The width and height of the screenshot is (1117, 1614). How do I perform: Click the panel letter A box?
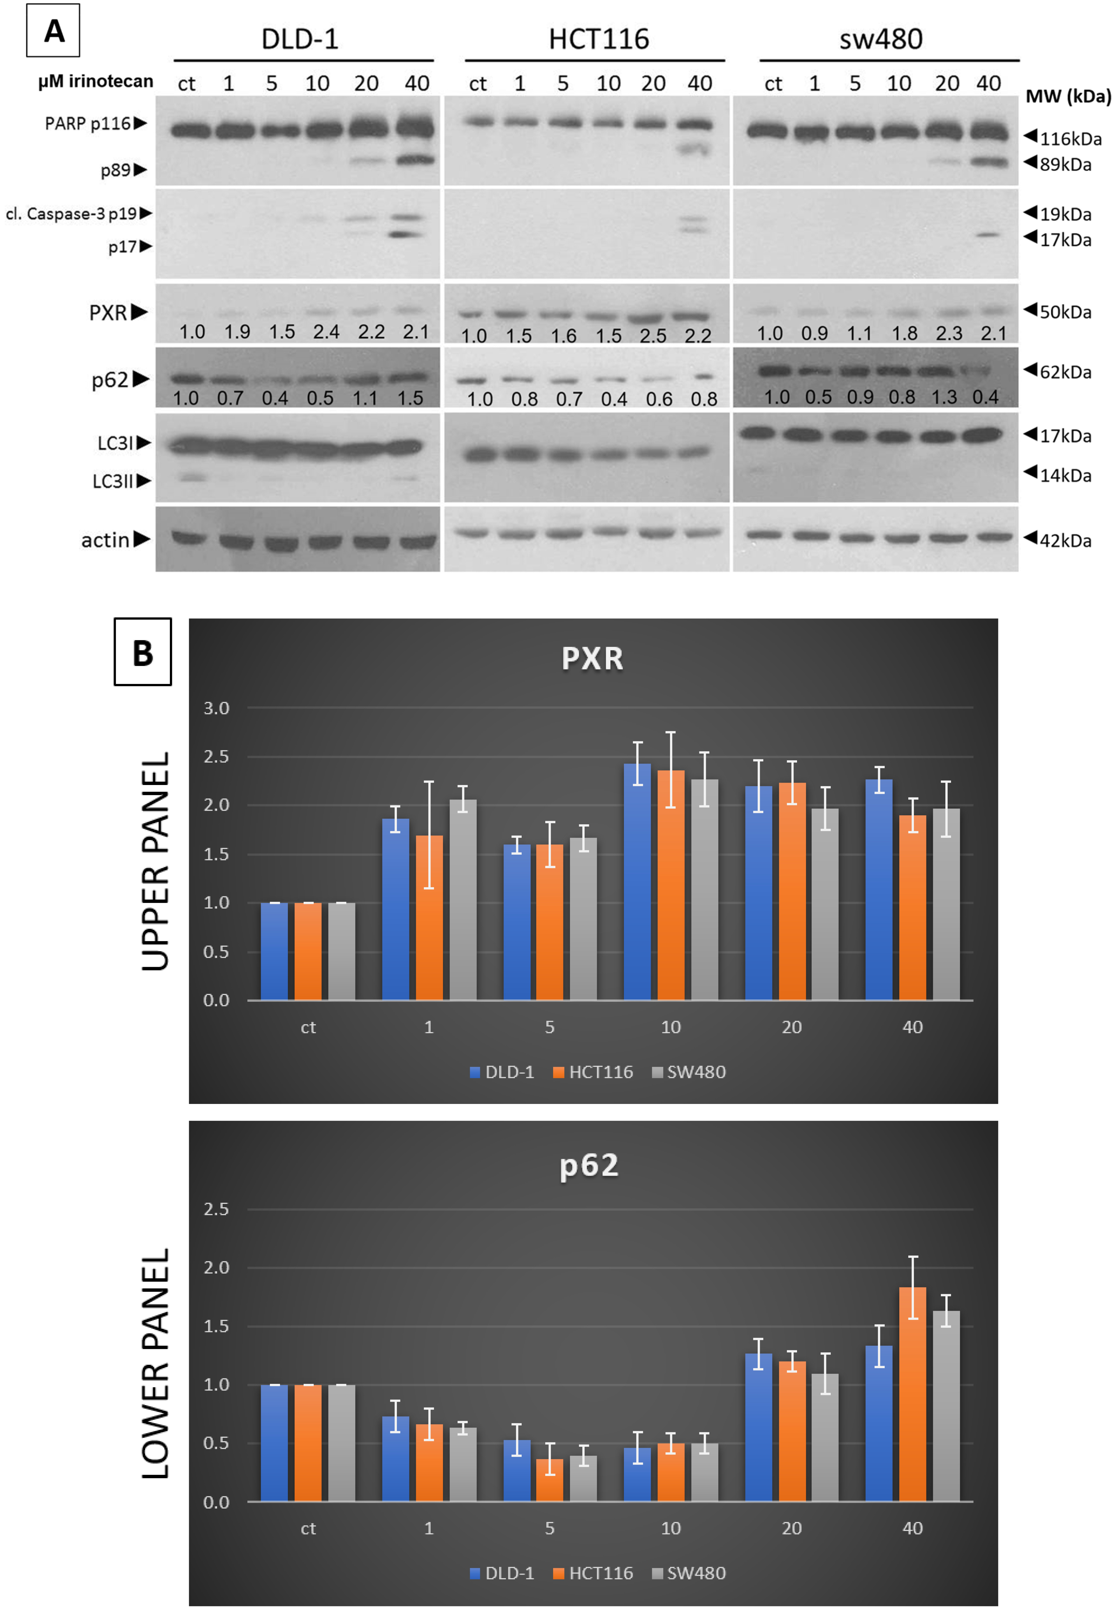pos(53,30)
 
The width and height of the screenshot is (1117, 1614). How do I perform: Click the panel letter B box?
pos(143,651)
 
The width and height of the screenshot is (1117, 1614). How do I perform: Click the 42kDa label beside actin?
pos(1065,540)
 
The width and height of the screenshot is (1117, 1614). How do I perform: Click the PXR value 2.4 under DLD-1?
pos(326,331)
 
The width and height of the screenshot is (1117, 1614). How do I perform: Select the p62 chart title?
pos(589,1165)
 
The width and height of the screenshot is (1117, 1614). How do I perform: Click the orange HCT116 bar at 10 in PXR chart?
pos(671,888)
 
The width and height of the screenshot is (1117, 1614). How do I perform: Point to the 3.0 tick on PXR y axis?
pos(216,708)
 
